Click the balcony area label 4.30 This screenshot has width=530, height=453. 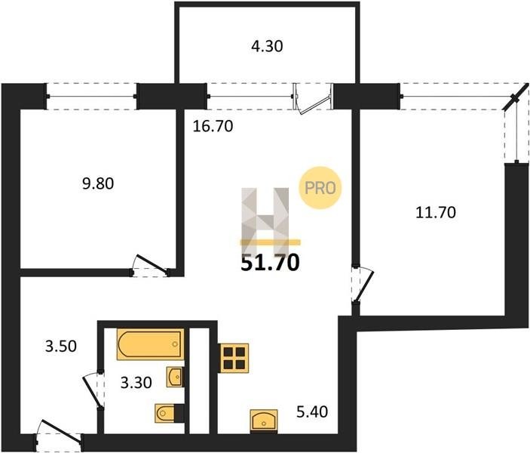tap(267, 46)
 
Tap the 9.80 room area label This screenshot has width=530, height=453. tap(98, 183)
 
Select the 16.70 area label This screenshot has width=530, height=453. tap(213, 126)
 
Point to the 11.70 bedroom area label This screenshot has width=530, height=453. tap(435, 213)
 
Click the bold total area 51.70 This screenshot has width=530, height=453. tap(270, 263)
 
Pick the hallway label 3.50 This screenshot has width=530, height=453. tap(61, 347)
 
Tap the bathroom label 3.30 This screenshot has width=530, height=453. tap(136, 383)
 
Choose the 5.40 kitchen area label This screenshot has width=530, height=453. tap(312, 412)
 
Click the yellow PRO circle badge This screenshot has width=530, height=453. tap(320, 188)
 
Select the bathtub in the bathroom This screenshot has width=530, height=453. tap(151, 344)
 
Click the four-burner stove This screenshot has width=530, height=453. tap(233, 358)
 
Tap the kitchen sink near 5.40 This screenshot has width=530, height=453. tap(264, 421)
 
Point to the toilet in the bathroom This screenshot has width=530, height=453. tap(170, 413)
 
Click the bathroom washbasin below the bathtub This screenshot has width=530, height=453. tap(175, 377)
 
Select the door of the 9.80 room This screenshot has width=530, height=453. tap(152, 263)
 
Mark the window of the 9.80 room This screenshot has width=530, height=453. tap(91, 97)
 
